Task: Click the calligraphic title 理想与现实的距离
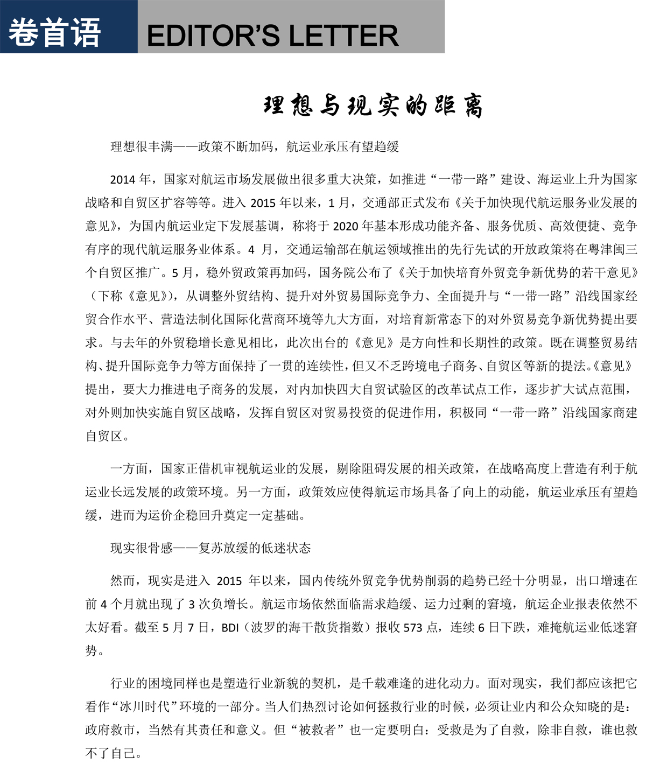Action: click(x=373, y=106)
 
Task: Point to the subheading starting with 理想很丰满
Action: click(x=255, y=146)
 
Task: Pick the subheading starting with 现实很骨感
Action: click(x=210, y=548)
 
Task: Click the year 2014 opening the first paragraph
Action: click(x=123, y=180)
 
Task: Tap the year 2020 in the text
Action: click(x=347, y=226)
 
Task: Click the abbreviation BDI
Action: click(x=230, y=627)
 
